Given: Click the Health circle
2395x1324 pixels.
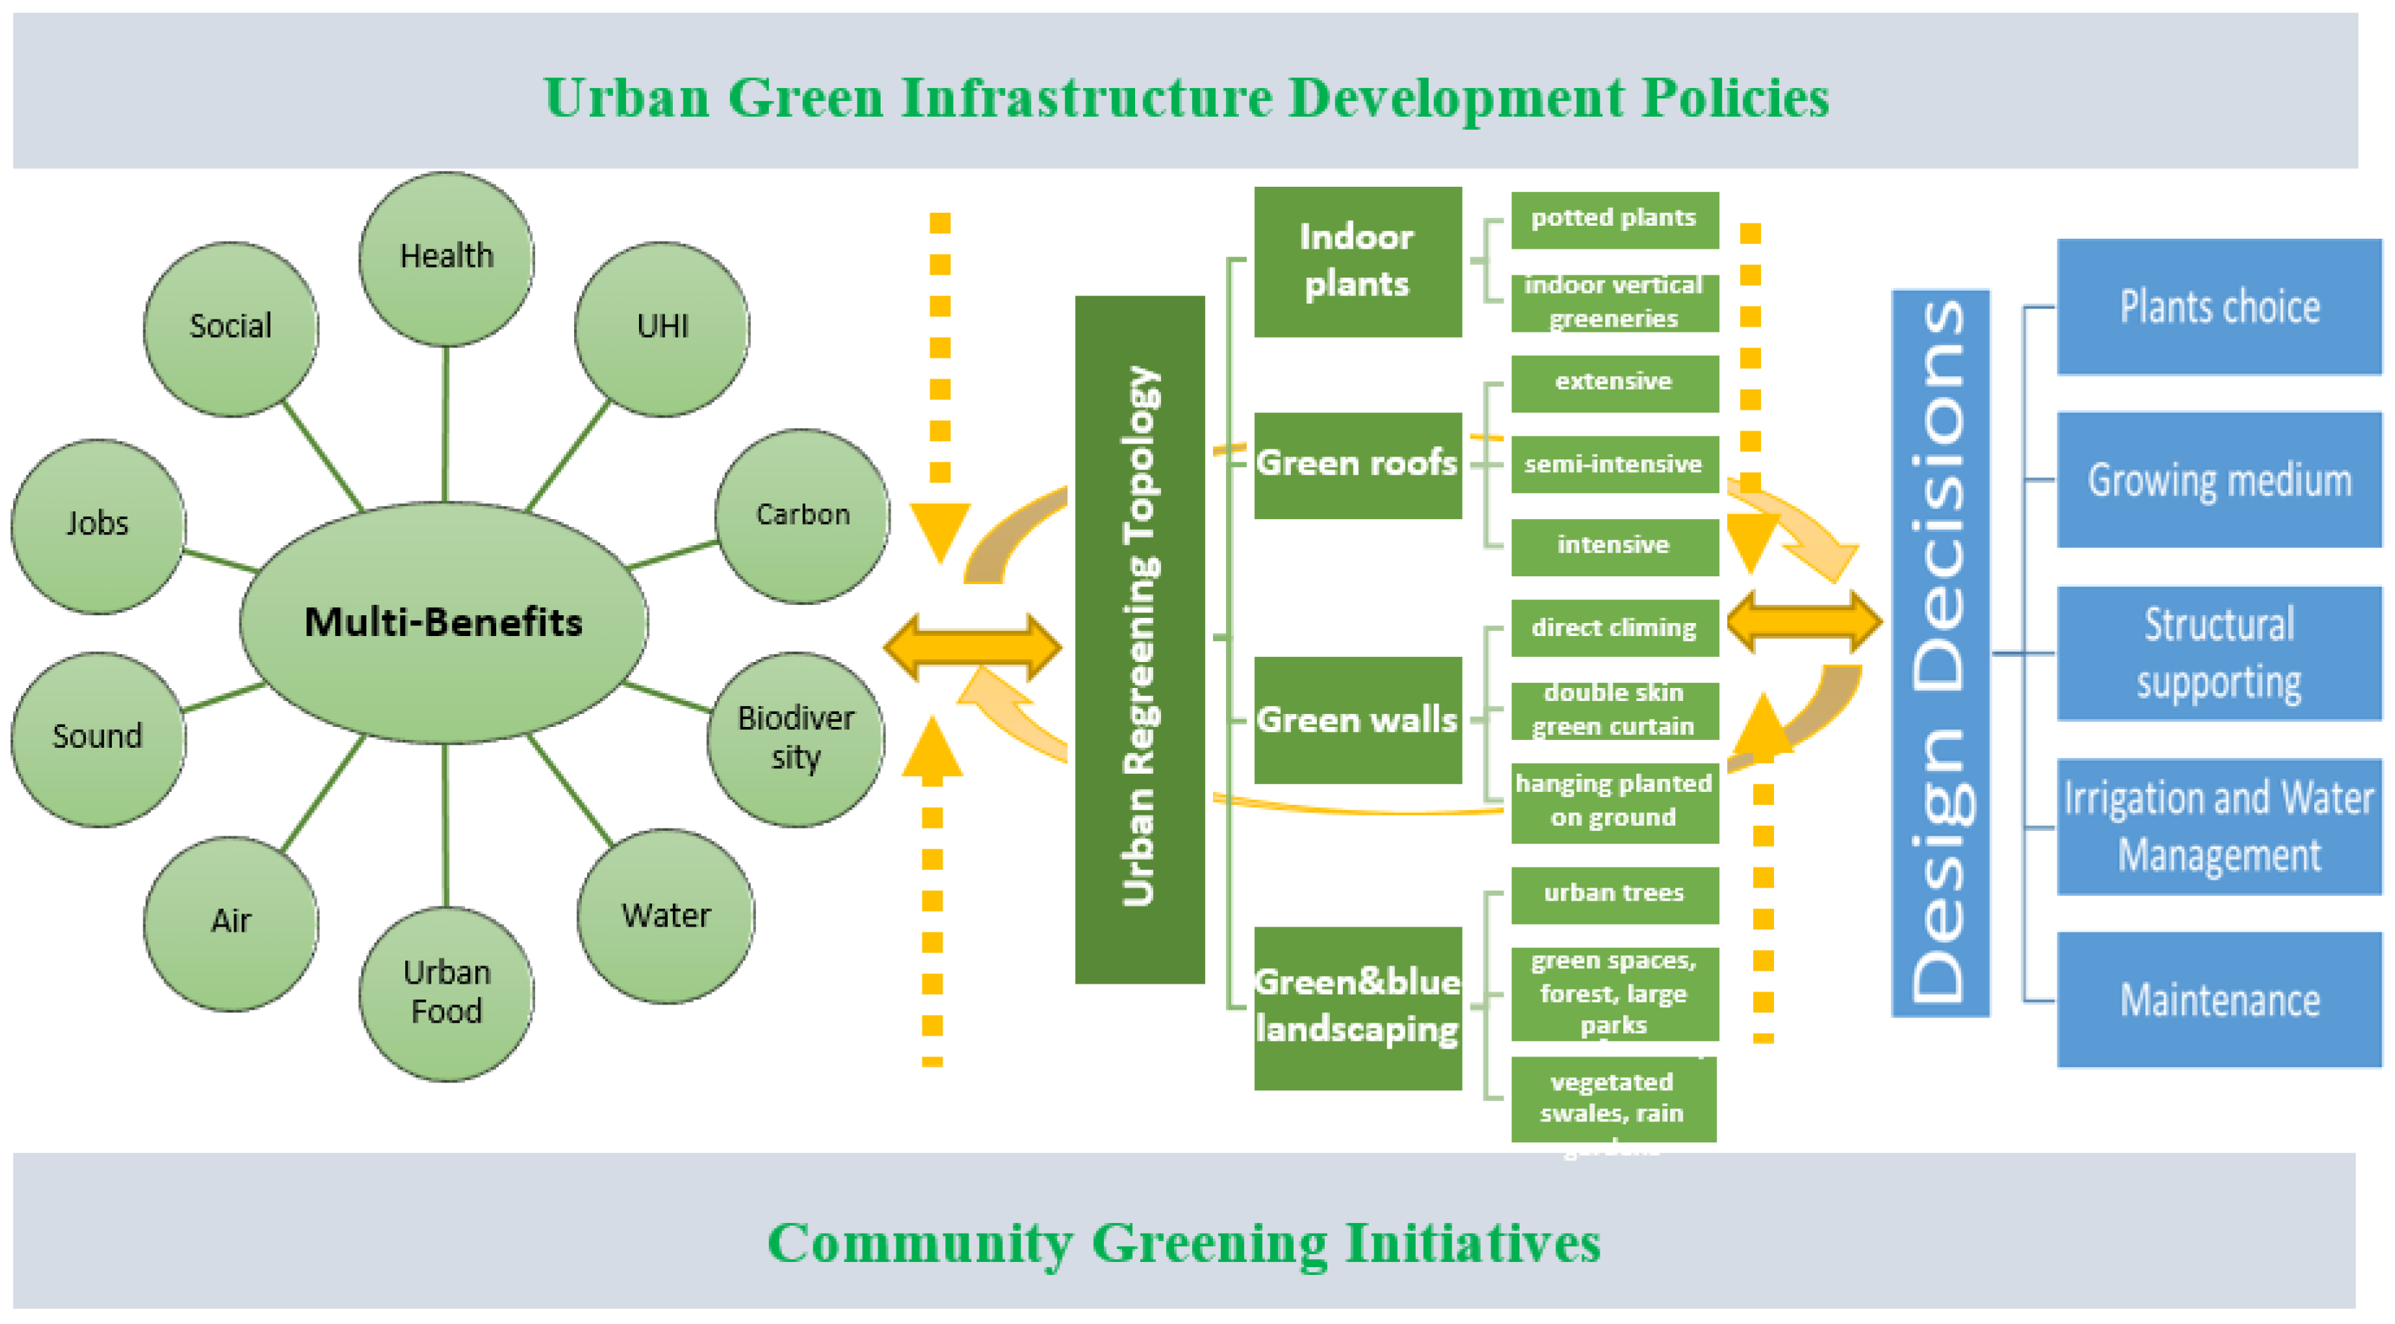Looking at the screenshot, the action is (x=446, y=257).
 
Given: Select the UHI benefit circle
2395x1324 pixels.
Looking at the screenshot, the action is (x=662, y=327).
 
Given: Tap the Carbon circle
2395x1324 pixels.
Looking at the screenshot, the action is (x=801, y=515).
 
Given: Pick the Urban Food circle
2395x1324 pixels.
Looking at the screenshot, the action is (x=446, y=992).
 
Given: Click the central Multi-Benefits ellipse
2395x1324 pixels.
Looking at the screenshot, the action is (x=444, y=622).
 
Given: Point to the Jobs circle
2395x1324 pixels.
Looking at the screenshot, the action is (x=97, y=524).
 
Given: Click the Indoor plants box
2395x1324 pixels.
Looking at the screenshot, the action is (x=1357, y=261).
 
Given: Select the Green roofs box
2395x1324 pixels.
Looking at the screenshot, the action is (x=1357, y=464).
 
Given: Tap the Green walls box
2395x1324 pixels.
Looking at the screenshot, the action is (x=1357, y=720).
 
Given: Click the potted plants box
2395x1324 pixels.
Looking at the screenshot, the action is (x=1613, y=219).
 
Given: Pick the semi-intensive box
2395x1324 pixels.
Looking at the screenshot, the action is (x=1613, y=464).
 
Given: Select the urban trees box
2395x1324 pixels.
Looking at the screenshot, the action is (x=1613, y=893).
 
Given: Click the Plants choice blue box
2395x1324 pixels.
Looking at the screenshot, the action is (x=2218, y=306).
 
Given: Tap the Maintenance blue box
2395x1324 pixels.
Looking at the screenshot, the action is (x=2218, y=1000).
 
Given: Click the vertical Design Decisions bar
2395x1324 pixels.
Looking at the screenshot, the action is (x=1941, y=653).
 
